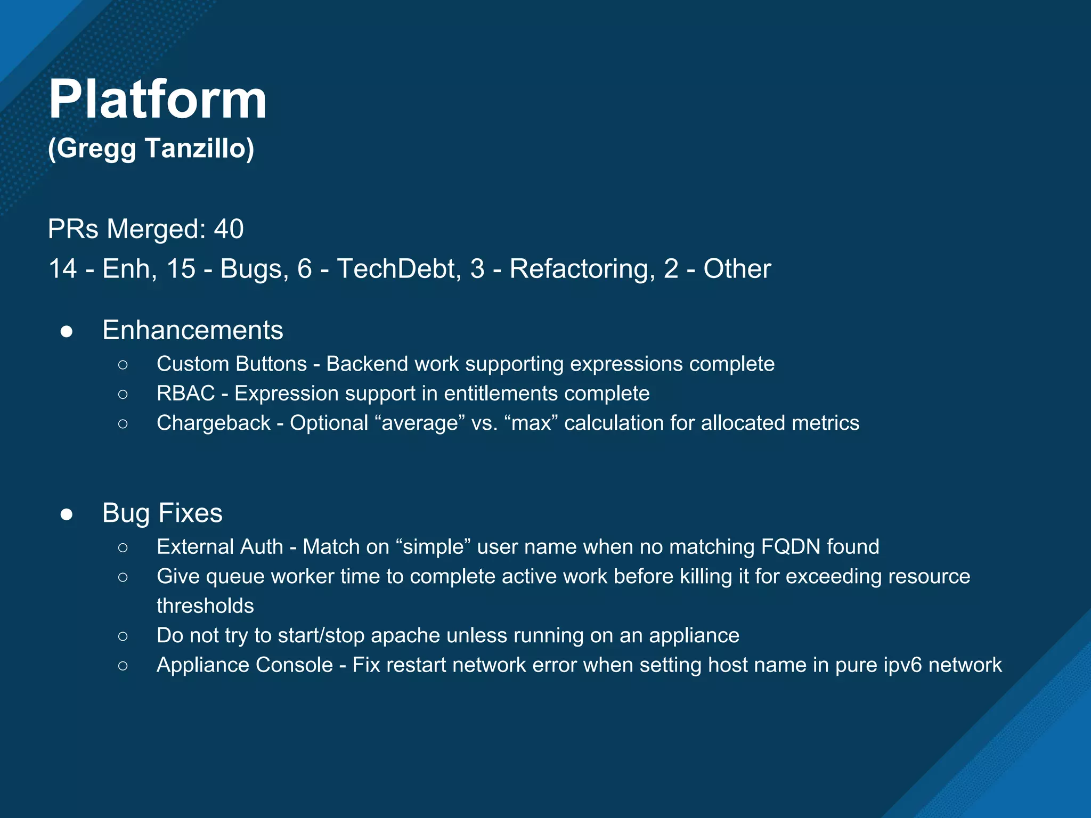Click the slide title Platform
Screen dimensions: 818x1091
(x=158, y=100)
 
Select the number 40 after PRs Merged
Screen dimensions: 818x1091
(x=229, y=229)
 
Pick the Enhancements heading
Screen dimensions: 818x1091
(x=192, y=330)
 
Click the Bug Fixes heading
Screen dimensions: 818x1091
(x=162, y=513)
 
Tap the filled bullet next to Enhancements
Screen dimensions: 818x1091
(x=67, y=332)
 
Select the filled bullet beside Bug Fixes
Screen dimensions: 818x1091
(x=67, y=514)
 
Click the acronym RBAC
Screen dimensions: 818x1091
(x=185, y=394)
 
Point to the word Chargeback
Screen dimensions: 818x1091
(x=213, y=423)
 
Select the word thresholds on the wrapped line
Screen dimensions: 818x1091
(x=205, y=606)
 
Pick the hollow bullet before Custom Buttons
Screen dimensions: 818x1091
(x=123, y=365)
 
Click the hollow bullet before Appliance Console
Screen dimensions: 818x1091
(x=123, y=666)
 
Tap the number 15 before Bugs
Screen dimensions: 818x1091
(x=181, y=268)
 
